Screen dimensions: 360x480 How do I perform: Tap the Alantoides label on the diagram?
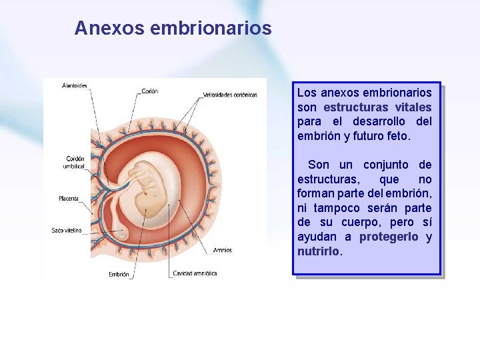(x=75, y=85)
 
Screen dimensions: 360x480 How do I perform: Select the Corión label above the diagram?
(x=150, y=91)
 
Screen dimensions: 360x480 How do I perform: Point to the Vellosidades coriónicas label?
(x=230, y=95)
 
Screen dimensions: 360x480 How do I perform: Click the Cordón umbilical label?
(x=75, y=162)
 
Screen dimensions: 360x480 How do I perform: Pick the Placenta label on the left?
(x=69, y=199)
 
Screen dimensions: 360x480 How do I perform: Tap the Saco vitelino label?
(x=67, y=231)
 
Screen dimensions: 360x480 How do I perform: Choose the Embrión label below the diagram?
(x=119, y=274)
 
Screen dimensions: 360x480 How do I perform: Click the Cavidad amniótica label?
(x=195, y=273)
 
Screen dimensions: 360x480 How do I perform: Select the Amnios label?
(x=223, y=251)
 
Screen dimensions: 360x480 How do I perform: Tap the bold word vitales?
(x=413, y=107)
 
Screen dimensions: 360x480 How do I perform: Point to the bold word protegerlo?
(x=389, y=237)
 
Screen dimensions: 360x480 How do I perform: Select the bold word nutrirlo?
(x=318, y=252)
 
